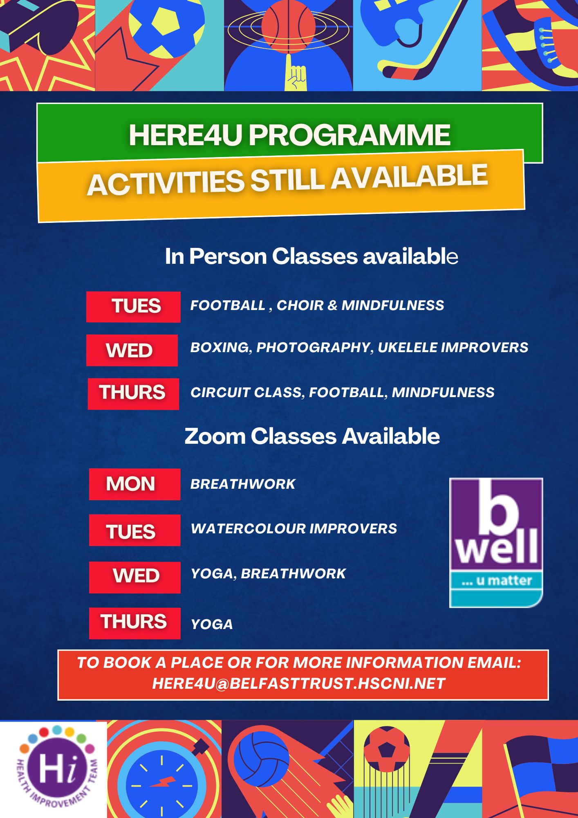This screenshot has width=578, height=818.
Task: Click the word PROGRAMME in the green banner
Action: [x=349, y=135]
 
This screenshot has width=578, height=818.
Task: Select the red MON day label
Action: [x=134, y=484]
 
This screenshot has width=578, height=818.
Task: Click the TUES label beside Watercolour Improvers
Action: [x=134, y=530]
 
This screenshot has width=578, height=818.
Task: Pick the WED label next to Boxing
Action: [x=132, y=350]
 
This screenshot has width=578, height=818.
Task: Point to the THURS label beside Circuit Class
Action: [x=133, y=394]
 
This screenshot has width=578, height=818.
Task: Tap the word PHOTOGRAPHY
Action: [x=313, y=348]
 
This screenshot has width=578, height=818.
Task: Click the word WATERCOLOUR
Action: [x=248, y=528]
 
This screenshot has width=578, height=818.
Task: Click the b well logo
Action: [x=496, y=543]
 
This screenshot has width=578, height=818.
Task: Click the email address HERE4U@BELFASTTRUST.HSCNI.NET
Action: [x=299, y=683]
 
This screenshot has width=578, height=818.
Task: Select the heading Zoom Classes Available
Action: [x=312, y=436]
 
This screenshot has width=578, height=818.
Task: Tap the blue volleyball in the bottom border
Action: [x=264, y=758]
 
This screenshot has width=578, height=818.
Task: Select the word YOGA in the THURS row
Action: [x=212, y=625]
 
